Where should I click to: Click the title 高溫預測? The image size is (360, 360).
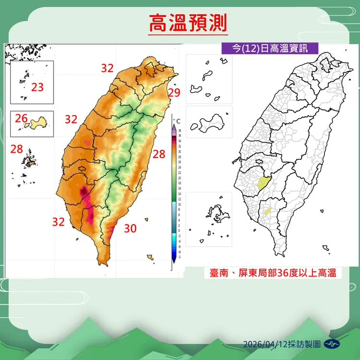tap(187, 23)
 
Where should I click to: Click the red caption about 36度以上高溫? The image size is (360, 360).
tap(272, 273)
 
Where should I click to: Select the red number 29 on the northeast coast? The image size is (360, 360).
tap(174, 93)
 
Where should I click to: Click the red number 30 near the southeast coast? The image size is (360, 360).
tap(130, 228)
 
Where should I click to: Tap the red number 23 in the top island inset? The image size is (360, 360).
tap(37, 87)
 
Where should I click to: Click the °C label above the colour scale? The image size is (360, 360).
tap(177, 120)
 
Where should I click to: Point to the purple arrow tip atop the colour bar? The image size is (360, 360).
tap(174, 126)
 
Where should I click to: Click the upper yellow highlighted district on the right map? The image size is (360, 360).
tap(263, 182)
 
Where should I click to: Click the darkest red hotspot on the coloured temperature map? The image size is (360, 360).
tap(84, 192)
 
